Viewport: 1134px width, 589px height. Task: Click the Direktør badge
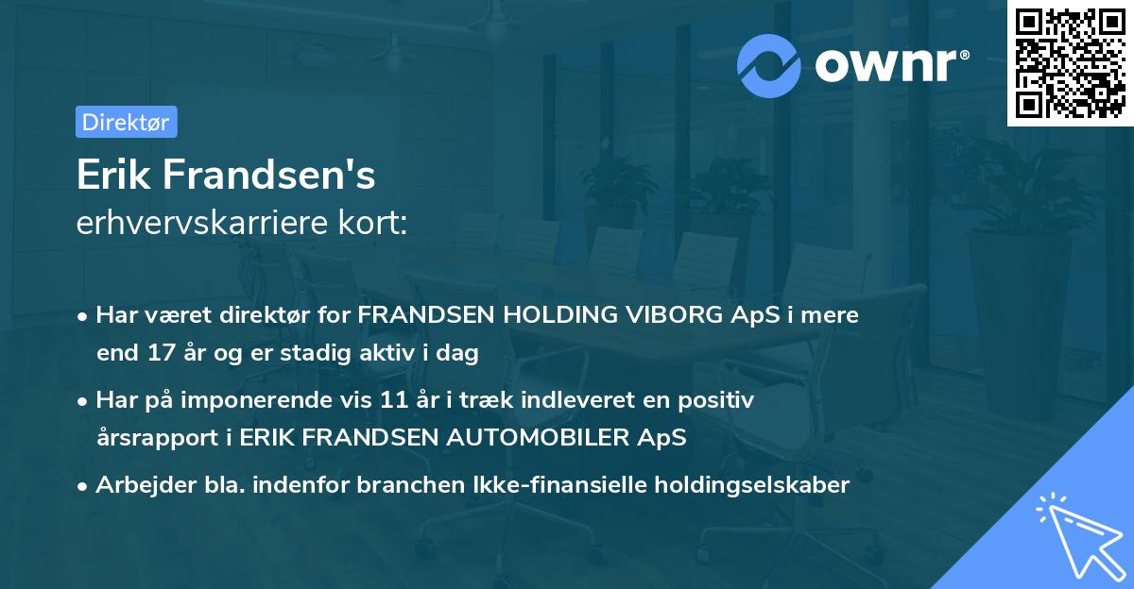click(x=126, y=122)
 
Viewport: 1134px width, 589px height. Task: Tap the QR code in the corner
click(x=1068, y=62)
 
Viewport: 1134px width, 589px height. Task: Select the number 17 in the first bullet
click(x=160, y=354)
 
